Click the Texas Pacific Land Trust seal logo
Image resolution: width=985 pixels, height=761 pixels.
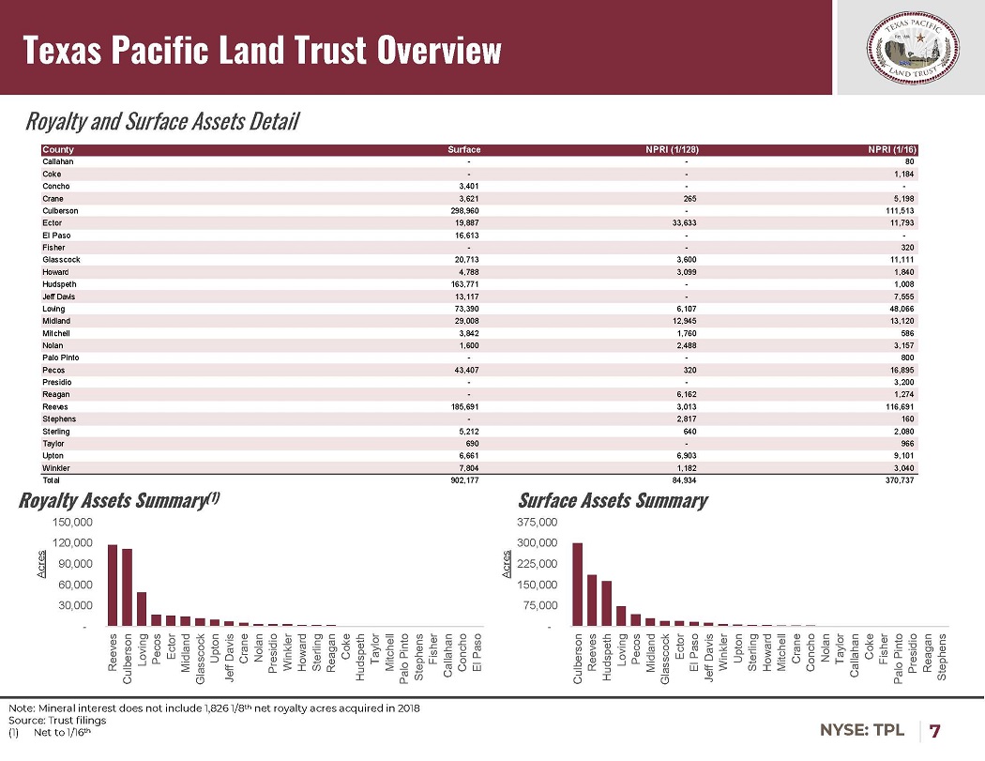(x=910, y=47)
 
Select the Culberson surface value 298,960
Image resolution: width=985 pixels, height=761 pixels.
(x=466, y=211)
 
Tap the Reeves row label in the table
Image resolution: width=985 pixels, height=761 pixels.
(x=54, y=407)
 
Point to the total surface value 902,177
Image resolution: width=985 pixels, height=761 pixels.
(x=466, y=480)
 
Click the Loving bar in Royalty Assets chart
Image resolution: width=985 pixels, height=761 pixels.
(x=142, y=608)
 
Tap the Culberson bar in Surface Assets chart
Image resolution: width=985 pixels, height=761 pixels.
(x=578, y=584)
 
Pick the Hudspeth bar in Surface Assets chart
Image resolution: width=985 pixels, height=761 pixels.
(x=607, y=603)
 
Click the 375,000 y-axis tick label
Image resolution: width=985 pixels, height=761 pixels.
(x=538, y=522)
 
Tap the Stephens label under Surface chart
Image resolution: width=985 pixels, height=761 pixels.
(x=943, y=657)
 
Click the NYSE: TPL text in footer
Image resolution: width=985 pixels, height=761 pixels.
(x=863, y=730)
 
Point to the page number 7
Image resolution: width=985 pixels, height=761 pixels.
(x=935, y=730)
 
